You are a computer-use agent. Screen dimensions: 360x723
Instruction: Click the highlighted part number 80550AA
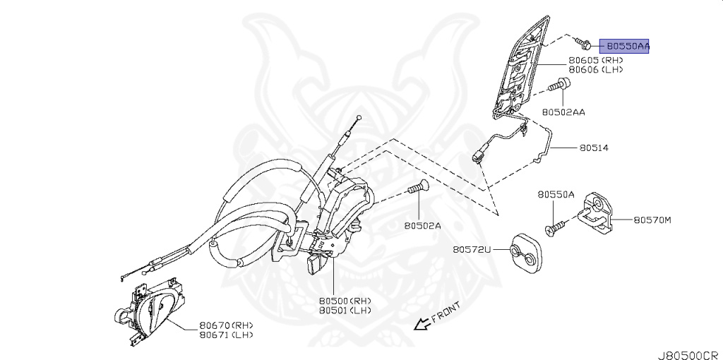[x=624, y=46]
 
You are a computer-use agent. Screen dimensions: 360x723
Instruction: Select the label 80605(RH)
[x=599, y=61]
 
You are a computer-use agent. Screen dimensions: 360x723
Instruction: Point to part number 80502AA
[x=563, y=112]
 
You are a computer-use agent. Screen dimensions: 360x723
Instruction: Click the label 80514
[x=594, y=148]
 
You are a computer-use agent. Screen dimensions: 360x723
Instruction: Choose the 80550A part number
[x=556, y=194]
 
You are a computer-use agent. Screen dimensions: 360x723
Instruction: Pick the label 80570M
[x=652, y=220]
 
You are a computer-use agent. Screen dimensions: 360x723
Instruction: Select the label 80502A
[x=422, y=226]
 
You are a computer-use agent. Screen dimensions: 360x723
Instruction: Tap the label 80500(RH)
[x=345, y=300]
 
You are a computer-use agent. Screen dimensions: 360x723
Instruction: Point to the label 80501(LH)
[x=345, y=310]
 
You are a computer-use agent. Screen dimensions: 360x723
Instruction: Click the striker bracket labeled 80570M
[x=599, y=212]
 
